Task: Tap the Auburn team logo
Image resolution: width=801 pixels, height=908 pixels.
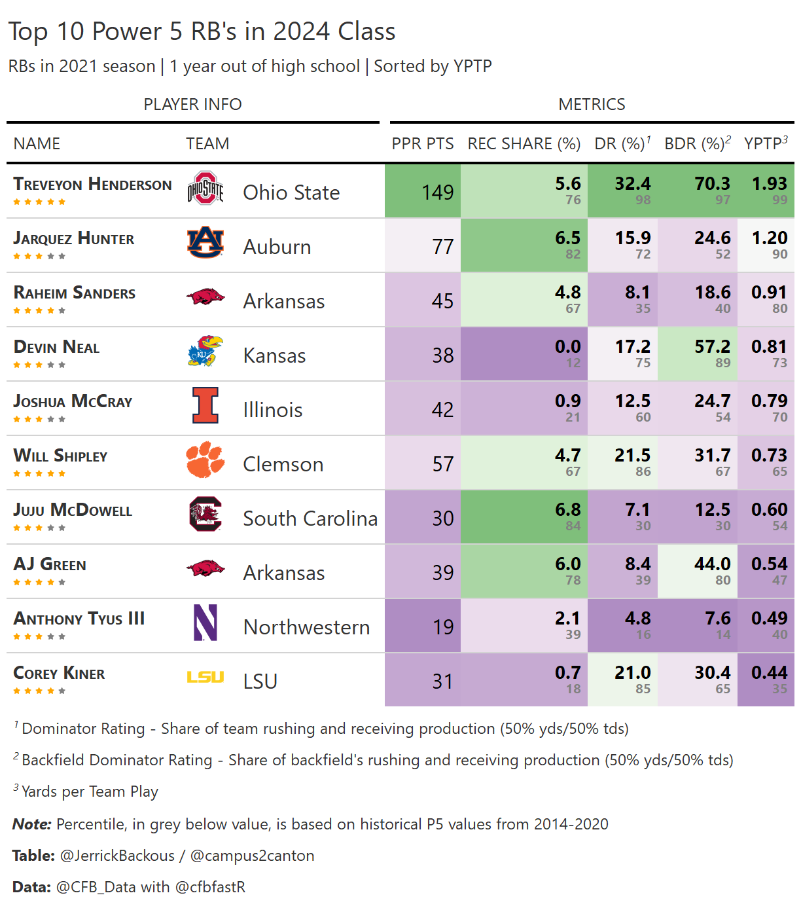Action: (205, 243)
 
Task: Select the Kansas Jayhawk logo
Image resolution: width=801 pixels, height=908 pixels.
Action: (205, 352)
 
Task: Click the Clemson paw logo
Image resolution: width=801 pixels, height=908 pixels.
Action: (205, 460)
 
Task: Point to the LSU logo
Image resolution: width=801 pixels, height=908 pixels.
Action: (205, 677)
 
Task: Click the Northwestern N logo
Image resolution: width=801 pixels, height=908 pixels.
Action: (205, 623)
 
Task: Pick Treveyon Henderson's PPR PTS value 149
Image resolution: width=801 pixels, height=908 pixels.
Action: (437, 192)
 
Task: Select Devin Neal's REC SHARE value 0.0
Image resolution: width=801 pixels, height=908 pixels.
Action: (567, 346)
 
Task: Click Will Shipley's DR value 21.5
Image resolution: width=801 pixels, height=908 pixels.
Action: (632, 455)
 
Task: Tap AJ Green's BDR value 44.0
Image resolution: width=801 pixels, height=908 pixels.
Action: (712, 564)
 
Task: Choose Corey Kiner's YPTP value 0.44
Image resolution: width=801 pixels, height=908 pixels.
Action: (769, 672)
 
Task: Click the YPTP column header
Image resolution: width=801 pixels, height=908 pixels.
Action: (764, 143)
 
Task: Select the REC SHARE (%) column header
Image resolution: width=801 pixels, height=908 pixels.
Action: (524, 143)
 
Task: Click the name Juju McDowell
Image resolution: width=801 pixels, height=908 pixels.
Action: (73, 510)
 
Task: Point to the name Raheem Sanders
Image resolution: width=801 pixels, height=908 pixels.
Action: (75, 293)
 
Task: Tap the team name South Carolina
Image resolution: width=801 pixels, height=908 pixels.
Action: (310, 518)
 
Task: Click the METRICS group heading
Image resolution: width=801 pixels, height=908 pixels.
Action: (592, 104)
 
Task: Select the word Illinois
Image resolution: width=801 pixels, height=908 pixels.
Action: (272, 410)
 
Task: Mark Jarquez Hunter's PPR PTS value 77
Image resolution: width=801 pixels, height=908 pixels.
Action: (442, 246)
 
